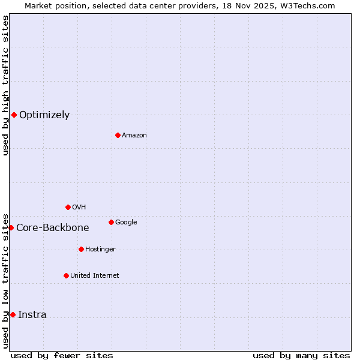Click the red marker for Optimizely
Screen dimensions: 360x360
(14, 115)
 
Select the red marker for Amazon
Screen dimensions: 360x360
(118, 135)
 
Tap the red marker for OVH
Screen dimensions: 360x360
(68, 207)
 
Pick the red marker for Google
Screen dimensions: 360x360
(111, 222)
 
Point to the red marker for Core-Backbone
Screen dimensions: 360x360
(11, 227)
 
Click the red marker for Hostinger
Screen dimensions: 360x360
(81, 249)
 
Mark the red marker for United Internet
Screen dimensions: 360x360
(66, 275)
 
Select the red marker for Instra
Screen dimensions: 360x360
(13, 314)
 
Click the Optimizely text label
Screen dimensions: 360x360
(44, 115)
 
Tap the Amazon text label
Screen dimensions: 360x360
(134, 136)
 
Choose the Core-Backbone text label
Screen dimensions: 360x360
(53, 228)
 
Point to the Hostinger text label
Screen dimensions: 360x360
(100, 250)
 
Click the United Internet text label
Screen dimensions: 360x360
(94, 276)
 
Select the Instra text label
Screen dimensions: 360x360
(32, 315)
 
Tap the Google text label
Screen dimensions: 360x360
(126, 223)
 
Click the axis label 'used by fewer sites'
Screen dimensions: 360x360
(62, 355)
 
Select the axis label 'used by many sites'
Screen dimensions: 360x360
(301, 355)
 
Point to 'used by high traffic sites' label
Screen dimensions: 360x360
(5, 85)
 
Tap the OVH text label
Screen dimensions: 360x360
(79, 208)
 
